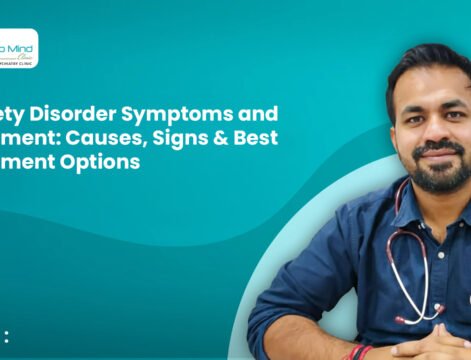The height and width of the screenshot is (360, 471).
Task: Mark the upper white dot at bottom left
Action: [x=6, y=332]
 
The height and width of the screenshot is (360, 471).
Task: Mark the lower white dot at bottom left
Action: [x=6, y=342]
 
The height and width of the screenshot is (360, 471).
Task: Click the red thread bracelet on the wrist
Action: [x=357, y=352]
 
